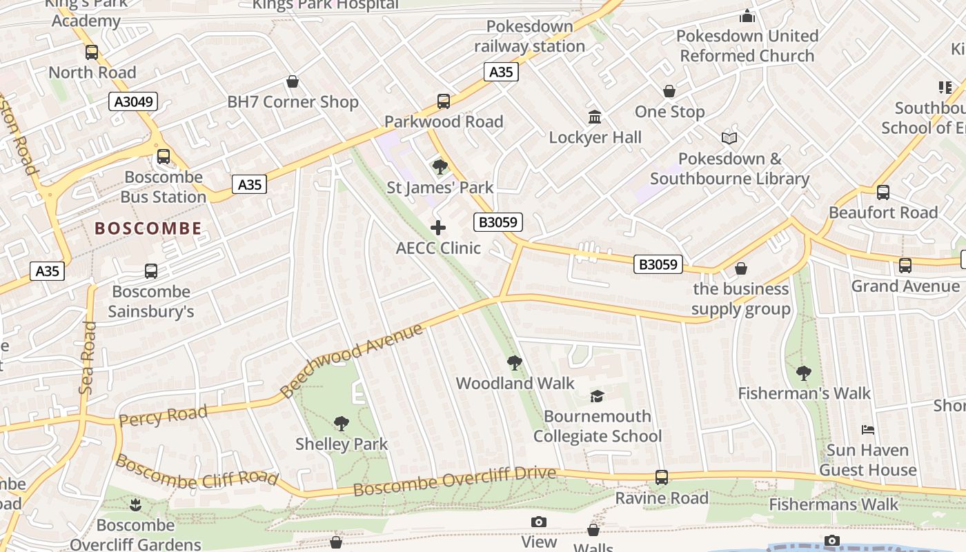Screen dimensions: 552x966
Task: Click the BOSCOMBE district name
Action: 148,228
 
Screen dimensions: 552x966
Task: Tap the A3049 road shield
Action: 133,102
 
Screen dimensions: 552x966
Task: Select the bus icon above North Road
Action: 92,52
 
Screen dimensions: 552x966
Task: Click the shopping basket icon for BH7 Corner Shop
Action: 293,81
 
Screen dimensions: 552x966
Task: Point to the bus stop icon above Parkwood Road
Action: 444,101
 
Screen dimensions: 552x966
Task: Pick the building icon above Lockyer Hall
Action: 595,117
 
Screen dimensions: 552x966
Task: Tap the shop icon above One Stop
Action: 669,91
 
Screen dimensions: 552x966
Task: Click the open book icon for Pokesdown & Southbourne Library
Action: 729,138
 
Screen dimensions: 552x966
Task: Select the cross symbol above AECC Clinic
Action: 438,228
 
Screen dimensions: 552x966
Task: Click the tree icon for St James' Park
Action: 440,167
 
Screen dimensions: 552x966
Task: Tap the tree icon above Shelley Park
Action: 342,424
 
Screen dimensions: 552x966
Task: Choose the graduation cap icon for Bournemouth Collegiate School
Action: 597,396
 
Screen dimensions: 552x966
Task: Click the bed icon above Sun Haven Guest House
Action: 869,430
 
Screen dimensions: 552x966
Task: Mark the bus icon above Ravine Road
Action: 662,477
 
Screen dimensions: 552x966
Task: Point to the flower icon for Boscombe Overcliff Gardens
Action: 135,505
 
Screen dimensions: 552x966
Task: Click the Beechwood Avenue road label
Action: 351,361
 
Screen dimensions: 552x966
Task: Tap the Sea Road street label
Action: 87,362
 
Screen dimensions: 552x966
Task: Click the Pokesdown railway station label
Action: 530,37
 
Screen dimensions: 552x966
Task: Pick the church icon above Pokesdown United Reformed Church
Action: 747,15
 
